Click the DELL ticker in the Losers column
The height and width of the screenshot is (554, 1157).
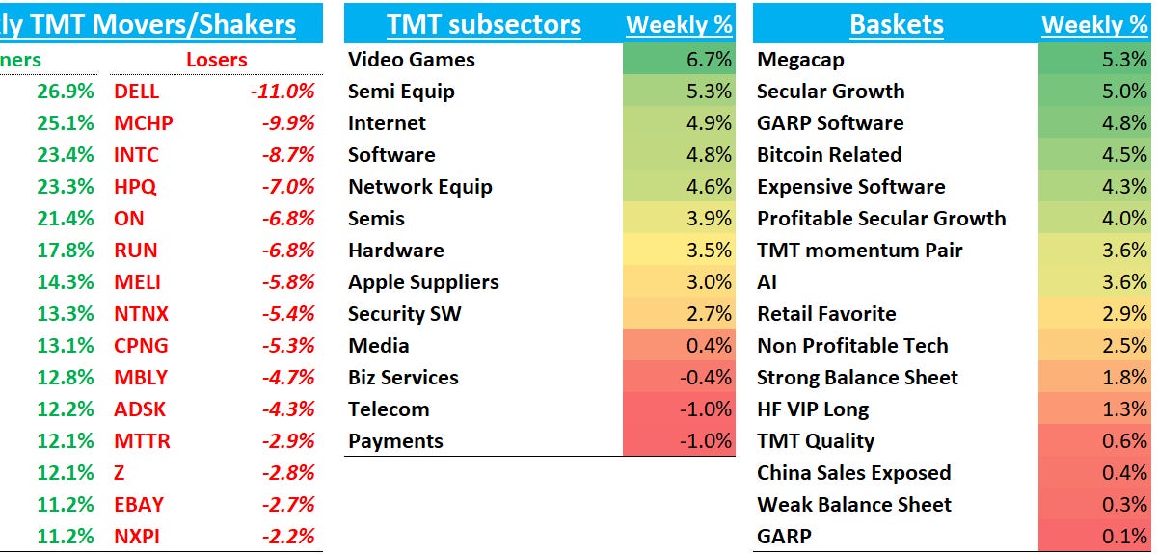pos(136,92)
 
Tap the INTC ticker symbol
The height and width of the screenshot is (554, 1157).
pos(136,155)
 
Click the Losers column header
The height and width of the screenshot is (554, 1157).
pos(216,60)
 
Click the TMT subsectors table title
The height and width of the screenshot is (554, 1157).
pos(483,24)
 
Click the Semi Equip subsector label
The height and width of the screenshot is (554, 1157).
pos(401,92)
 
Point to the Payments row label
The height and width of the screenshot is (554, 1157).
pos(395,441)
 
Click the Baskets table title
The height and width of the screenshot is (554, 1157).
pos(896,24)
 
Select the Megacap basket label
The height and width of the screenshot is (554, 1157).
pos(800,60)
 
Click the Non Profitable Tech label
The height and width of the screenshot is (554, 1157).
pos(852,346)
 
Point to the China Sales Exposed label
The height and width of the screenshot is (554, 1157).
pos(853,473)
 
